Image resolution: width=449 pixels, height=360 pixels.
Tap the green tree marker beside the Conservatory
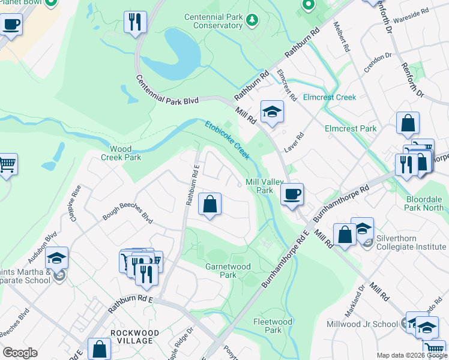pos(253,20)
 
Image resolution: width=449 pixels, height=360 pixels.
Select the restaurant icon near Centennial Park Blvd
pos(135,22)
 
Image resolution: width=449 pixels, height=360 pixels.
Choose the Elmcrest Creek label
pos(330,97)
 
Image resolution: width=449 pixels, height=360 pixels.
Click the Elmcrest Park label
pos(351,128)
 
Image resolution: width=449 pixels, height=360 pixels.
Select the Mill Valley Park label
pos(260,186)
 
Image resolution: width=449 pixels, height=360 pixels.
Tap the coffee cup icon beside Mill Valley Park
pos(292,194)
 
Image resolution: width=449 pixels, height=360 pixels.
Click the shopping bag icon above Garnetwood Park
pos(210,205)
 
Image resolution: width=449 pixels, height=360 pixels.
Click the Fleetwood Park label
pos(273,326)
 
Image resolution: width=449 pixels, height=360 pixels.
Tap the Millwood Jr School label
pos(362,324)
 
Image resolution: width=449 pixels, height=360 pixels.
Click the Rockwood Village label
pos(134,337)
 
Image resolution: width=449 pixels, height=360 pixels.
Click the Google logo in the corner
pos(20,353)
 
